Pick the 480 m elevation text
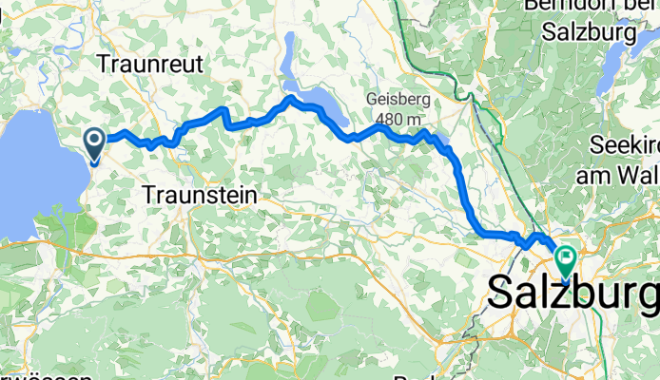[x=397, y=119]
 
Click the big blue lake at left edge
[x=38, y=171]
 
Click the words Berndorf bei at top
[x=590, y=8]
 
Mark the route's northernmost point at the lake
[x=290, y=98]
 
